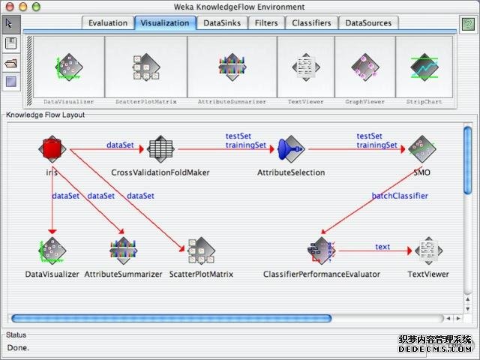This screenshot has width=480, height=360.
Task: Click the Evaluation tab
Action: [x=108, y=23]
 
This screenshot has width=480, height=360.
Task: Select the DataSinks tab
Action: [x=222, y=23]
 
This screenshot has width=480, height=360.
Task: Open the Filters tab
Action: [x=266, y=23]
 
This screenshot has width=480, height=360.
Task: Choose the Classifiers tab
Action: [x=311, y=23]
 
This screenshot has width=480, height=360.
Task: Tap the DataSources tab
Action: [x=368, y=23]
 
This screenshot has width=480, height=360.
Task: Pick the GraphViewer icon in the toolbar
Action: [x=365, y=68]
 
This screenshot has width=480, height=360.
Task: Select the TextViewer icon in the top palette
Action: [x=305, y=68]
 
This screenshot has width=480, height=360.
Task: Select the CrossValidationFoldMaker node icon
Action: [x=160, y=149]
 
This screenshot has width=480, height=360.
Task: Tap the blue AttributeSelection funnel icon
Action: [x=291, y=149]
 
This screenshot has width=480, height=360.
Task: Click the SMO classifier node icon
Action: [x=421, y=149]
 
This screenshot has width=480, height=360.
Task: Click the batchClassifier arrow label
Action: [x=400, y=196]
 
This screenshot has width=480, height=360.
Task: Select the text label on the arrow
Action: [x=382, y=246]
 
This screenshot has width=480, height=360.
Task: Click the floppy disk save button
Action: [x=11, y=44]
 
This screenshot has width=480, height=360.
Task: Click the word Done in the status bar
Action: [x=19, y=347]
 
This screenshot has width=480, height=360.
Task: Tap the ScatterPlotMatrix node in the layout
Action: [x=201, y=250]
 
